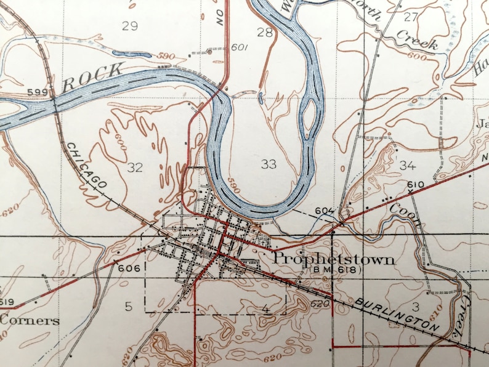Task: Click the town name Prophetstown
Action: (334, 259)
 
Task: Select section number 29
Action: (129, 25)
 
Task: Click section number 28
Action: (265, 32)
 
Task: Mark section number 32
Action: (134, 166)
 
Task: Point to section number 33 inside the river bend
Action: (269, 164)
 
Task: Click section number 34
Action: (408, 165)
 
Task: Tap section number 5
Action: (129, 306)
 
